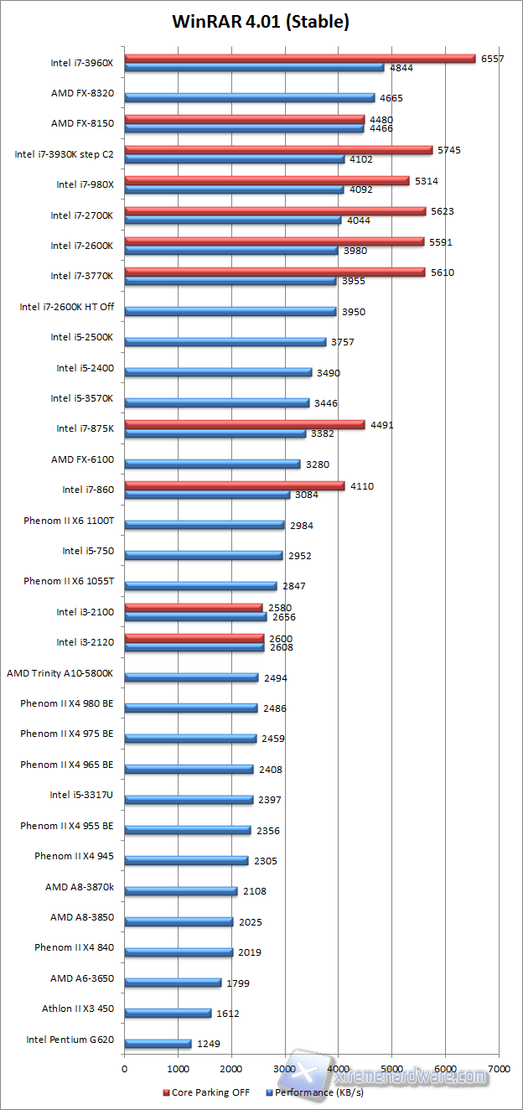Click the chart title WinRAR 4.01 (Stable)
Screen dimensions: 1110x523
click(261, 23)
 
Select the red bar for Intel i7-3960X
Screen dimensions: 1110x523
click(299, 59)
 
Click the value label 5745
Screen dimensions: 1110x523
click(449, 150)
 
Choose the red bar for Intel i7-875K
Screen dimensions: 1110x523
click(244, 425)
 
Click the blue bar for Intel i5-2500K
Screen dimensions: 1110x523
click(225, 342)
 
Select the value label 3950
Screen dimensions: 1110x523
click(353, 312)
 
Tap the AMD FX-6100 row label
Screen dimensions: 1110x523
click(82, 459)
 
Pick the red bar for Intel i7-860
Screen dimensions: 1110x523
click(234, 486)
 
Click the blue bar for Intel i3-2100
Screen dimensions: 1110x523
click(195, 617)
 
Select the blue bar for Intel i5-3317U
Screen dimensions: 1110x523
click(189, 800)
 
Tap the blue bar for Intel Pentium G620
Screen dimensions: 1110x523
click(158, 1044)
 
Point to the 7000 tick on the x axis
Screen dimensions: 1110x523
click(499, 1069)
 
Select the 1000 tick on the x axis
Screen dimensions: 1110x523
click(178, 1069)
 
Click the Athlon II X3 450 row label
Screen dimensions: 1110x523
click(78, 1009)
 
